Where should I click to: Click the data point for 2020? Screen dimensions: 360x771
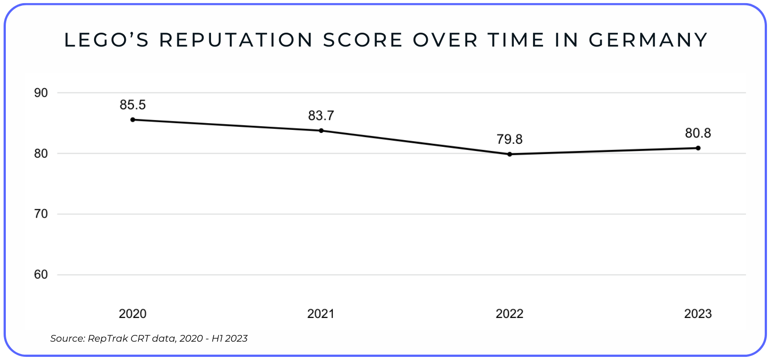(x=133, y=120)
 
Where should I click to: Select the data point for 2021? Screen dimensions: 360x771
(x=321, y=131)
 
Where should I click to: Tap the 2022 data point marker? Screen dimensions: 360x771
(x=509, y=154)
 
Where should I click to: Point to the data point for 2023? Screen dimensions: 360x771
(x=698, y=148)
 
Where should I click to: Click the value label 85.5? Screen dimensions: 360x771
(x=133, y=105)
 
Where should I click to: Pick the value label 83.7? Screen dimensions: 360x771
(x=321, y=116)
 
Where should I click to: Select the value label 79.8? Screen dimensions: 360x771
(x=509, y=140)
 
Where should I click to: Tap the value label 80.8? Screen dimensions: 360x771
(x=698, y=133)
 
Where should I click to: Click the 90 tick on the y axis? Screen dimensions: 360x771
(x=41, y=93)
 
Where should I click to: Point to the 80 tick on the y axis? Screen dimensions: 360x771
(x=41, y=154)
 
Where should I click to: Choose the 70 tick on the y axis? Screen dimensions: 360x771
(x=41, y=214)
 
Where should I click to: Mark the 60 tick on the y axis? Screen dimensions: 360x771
(x=41, y=274)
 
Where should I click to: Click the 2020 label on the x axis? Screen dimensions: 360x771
(x=133, y=314)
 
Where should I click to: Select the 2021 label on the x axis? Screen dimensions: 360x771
(x=321, y=314)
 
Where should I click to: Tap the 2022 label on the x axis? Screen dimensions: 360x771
(x=509, y=314)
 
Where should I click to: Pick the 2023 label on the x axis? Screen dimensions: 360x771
(x=698, y=314)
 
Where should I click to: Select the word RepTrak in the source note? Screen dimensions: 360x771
(x=108, y=339)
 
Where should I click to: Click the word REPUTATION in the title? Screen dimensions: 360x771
(x=236, y=40)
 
